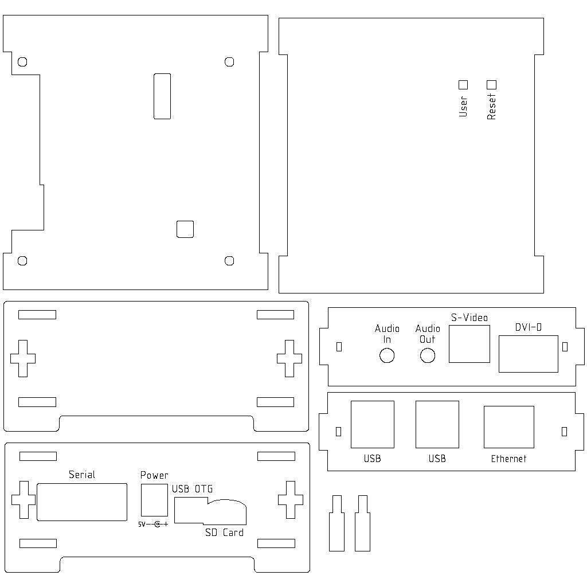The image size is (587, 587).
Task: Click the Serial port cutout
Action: (x=82, y=502)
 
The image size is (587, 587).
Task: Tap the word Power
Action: (x=154, y=475)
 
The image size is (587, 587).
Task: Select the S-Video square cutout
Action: (x=469, y=344)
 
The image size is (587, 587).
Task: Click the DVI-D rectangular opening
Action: (x=528, y=354)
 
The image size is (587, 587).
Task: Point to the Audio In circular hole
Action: (x=387, y=355)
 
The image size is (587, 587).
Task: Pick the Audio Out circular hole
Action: (x=428, y=355)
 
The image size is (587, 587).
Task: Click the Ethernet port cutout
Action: (x=509, y=426)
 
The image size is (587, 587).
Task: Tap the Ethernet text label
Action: (x=508, y=459)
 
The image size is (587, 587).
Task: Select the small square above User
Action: (x=463, y=85)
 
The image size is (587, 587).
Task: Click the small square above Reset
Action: (x=491, y=85)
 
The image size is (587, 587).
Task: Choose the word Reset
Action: (x=491, y=107)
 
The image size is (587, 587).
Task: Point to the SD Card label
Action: (x=224, y=533)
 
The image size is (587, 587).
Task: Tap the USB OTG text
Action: (x=193, y=489)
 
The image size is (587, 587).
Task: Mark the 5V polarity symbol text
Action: (x=153, y=525)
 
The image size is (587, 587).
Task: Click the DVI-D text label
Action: (x=528, y=327)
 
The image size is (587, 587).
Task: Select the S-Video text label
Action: (x=469, y=318)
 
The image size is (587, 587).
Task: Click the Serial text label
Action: (x=82, y=475)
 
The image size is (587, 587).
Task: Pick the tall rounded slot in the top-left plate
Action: (x=162, y=96)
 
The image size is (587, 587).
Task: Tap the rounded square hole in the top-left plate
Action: (x=185, y=229)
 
